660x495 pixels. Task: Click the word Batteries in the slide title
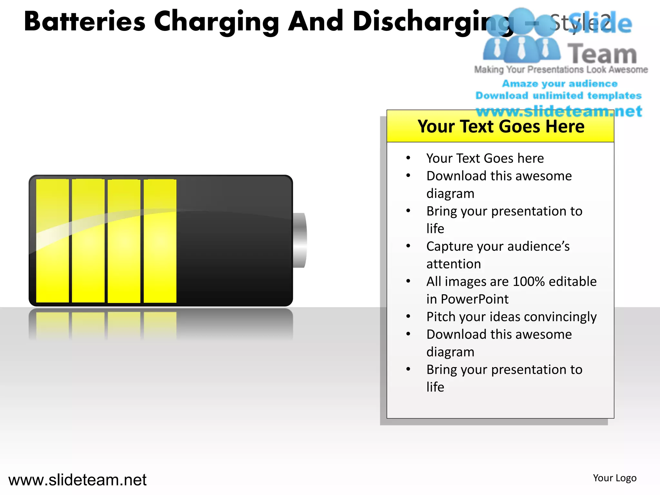point(84,22)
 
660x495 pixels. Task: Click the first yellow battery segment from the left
point(52,241)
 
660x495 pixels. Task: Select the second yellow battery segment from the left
point(88,241)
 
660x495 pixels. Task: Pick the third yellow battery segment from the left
point(124,241)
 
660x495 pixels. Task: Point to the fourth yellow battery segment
point(160,241)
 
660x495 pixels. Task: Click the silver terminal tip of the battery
point(300,240)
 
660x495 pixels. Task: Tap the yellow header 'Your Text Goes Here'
point(500,126)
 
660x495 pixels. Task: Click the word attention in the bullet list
point(453,264)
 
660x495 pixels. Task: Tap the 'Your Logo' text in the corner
point(615,478)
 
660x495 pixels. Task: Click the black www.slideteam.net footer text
point(77,480)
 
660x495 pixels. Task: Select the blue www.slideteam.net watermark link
point(559,112)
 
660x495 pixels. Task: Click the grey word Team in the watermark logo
point(602,54)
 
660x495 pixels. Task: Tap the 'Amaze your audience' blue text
point(560,84)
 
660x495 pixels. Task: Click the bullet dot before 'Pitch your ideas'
point(408,316)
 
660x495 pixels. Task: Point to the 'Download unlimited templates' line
point(558,96)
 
